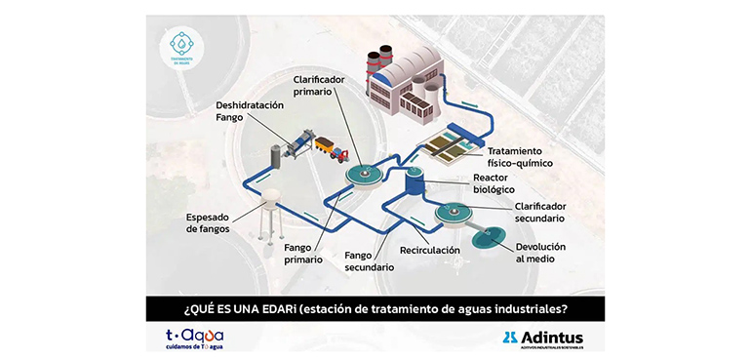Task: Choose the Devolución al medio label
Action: pyautogui.click(x=540, y=253)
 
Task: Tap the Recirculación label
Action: pyautogui.click(x=430, y=250)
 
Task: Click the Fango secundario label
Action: pyautogui.click(x=370, y=260)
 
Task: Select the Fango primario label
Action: pyautogui.click(x=304, y=254)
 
